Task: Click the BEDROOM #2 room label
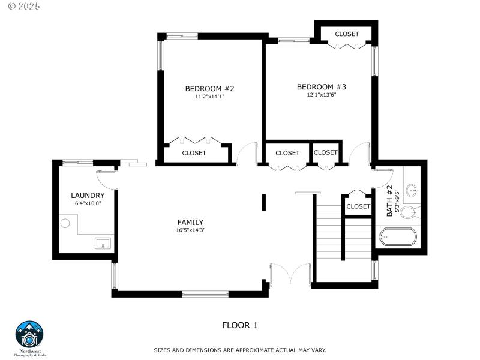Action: coord(209,89)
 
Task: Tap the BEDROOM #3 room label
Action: coord(321,87)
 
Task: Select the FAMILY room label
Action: coord(190,222)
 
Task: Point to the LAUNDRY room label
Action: coord(88,196)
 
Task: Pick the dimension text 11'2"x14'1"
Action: coord(209,97)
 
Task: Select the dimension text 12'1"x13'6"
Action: coord(321,94)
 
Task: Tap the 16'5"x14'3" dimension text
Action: coord(190,230)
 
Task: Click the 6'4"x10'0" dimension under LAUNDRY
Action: coord(88,204)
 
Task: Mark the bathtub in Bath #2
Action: coord(398,237)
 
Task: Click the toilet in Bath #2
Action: coord(410,212)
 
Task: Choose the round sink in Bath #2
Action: coord(412,191)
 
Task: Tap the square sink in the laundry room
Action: coord(103,243)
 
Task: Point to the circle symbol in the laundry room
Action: coord(65,224)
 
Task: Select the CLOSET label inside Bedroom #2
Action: coord(194,153)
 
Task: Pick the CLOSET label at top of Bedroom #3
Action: coord(347,34)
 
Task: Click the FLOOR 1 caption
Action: coord(239,325)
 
